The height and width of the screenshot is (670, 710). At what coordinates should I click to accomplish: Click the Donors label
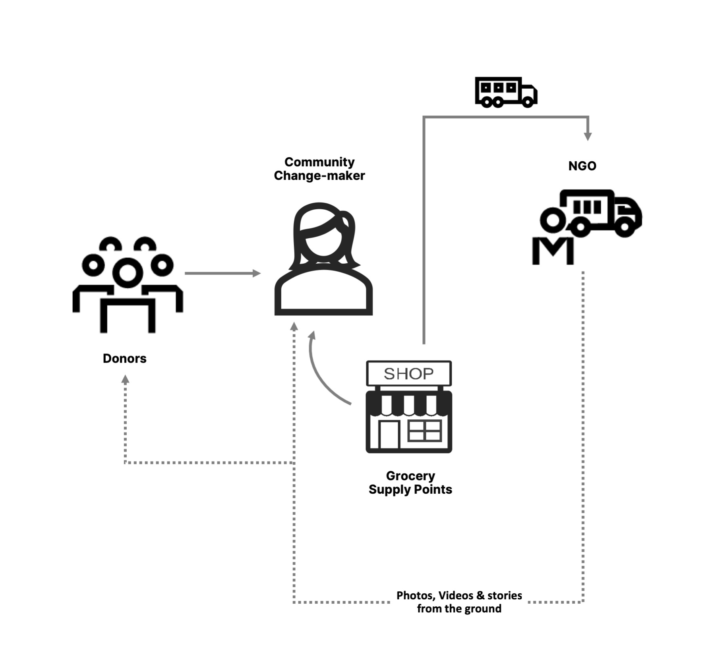[124, 358]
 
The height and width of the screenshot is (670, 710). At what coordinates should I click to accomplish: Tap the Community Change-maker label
[319, 169]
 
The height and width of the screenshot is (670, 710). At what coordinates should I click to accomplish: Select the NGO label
[582, 166]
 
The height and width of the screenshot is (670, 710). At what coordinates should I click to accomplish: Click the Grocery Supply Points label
[410, 482]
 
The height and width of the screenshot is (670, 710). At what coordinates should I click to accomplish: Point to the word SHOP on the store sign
[408, 374]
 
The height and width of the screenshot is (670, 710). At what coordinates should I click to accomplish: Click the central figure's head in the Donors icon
[128, 273]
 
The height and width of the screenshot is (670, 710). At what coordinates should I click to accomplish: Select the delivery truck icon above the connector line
[506, 92]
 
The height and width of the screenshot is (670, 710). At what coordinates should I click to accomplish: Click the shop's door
[389, 434]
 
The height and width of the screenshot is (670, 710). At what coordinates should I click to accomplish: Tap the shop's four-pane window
[425, 431]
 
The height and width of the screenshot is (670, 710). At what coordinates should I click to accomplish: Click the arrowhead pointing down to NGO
[588, 136]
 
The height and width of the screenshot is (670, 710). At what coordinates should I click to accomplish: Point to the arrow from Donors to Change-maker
[222, 273]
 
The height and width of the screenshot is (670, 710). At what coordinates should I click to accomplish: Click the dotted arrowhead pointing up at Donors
[125, 379]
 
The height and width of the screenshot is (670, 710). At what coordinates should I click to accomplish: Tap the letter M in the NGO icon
[553, 251]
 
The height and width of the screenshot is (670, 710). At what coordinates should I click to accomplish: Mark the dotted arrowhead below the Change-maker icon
[294, 326]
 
